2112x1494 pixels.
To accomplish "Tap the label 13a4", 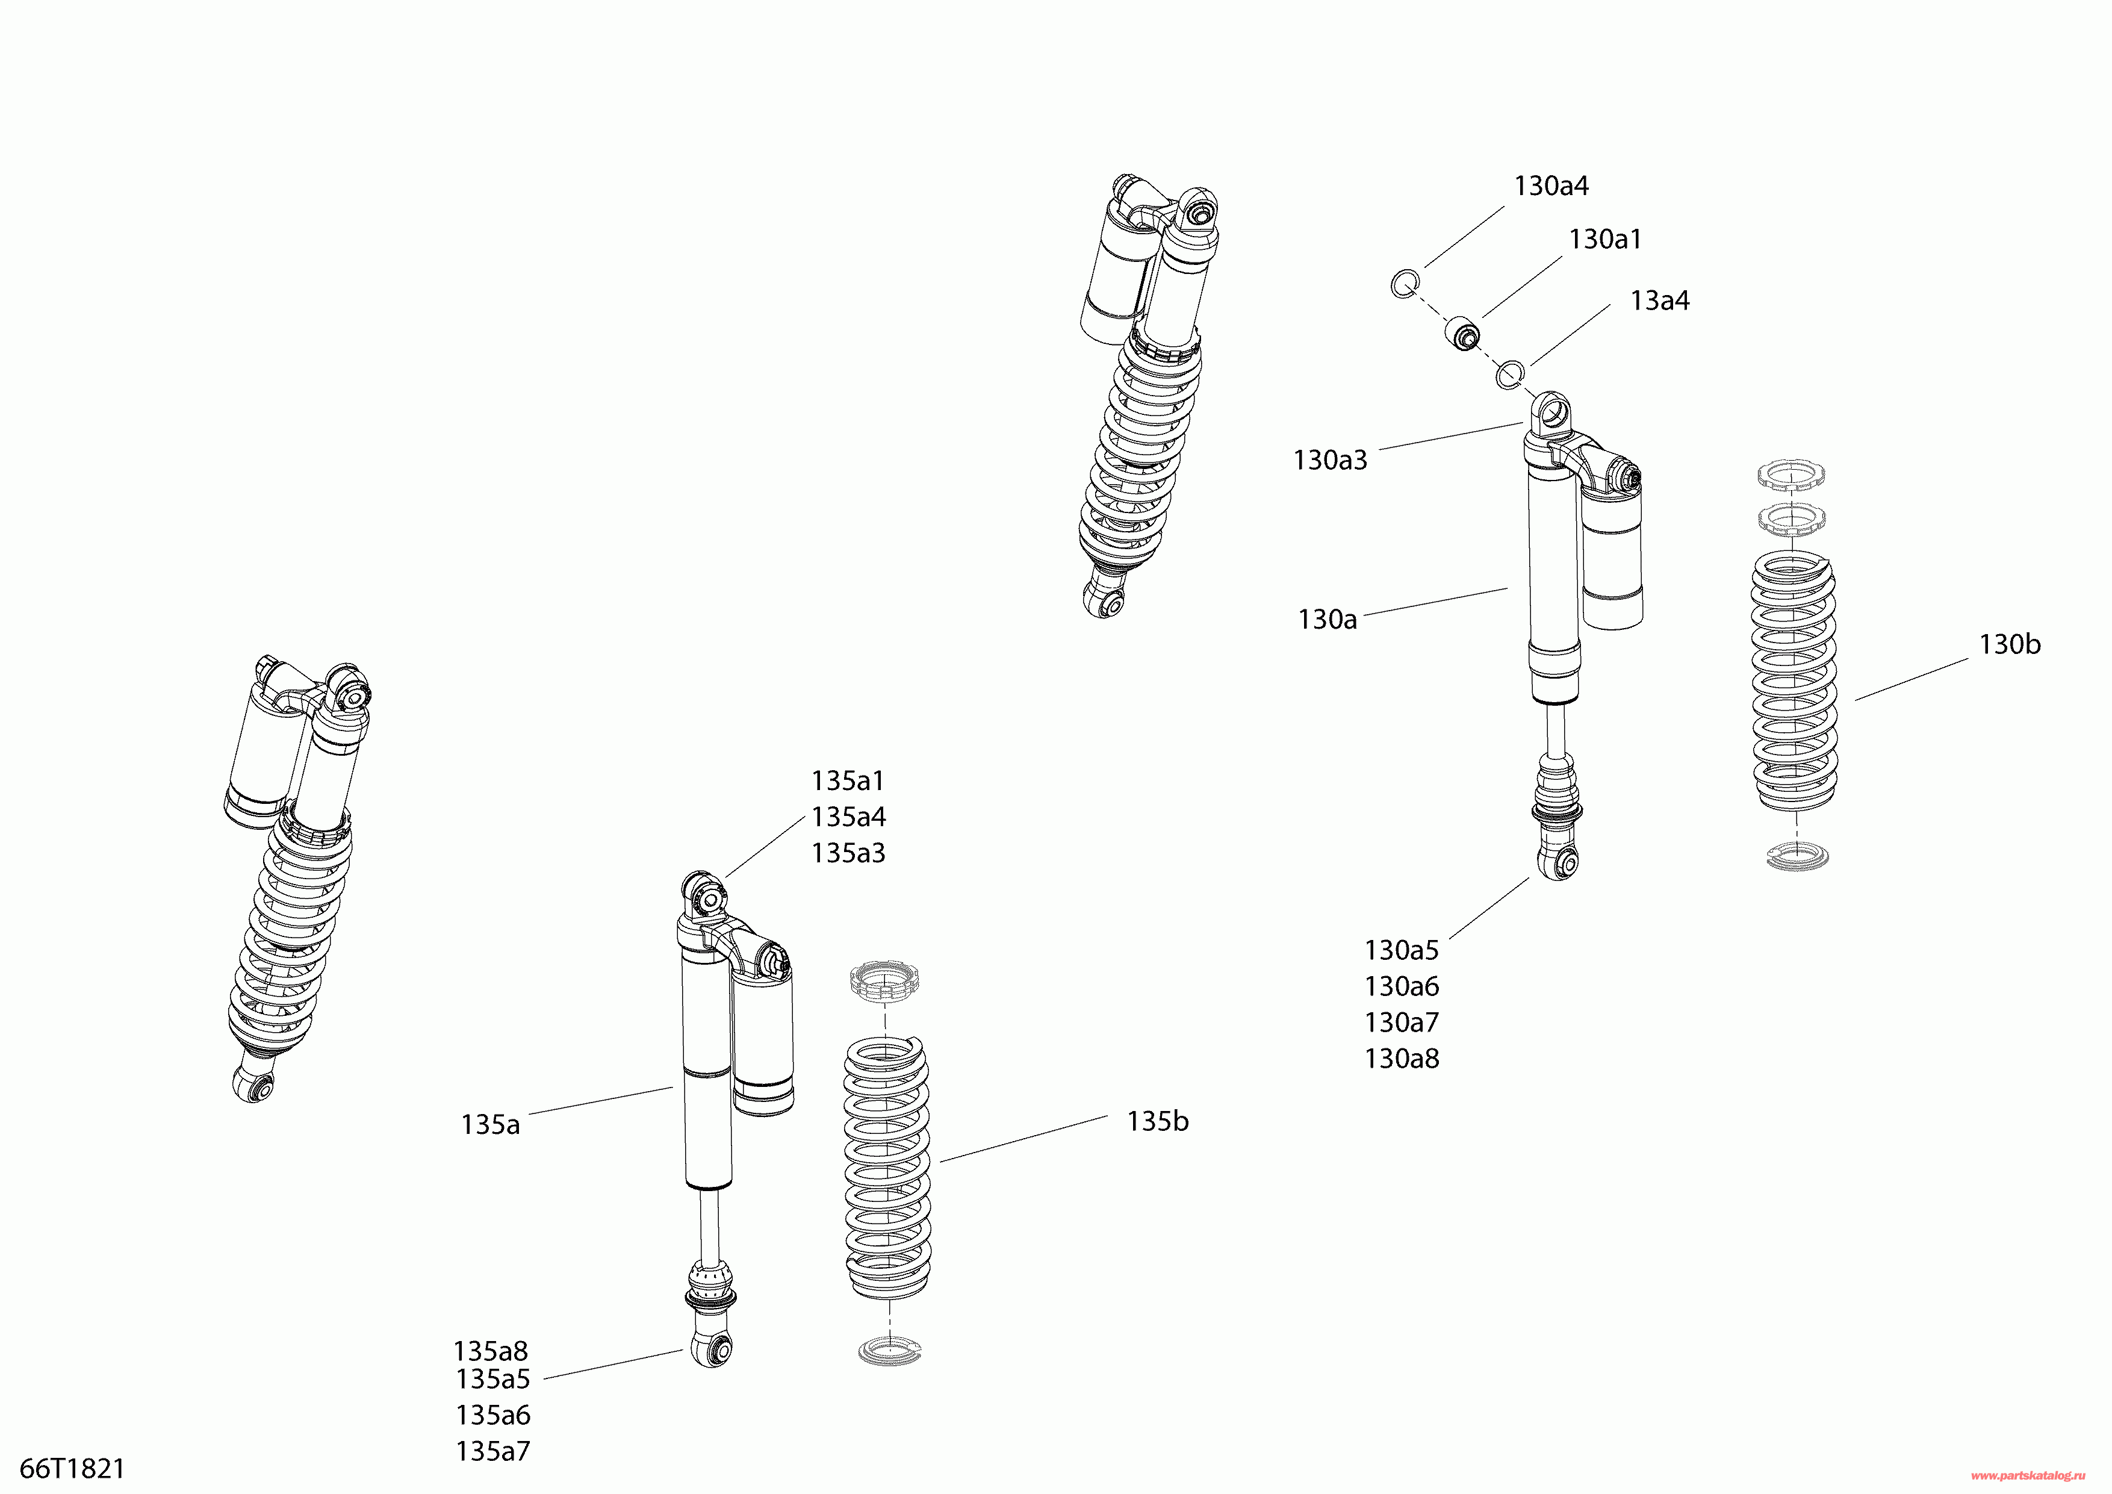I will click(x=1659, y=301).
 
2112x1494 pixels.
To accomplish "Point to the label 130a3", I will click(x=1330, y=460).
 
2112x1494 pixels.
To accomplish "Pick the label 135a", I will click(x=490, y=1125).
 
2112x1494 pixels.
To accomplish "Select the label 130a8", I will click(x=1402, y=1059).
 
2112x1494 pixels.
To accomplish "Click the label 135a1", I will click(x=847, y=781).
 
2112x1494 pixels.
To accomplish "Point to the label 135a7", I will click(x=493, y=1452).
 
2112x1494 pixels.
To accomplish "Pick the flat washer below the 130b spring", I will click(x=1797, y=856).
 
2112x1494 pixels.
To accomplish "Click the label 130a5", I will click(x=1402, y=950).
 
